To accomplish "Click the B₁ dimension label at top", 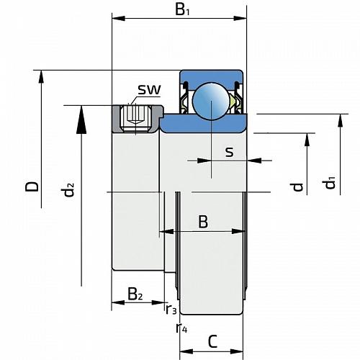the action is pyautogui.click(x=182, y=10).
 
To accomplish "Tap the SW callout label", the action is pyautogui.click(x=149, y=89).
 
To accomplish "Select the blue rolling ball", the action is pyautogui.click(x=211, y=101).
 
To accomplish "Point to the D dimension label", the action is pyautogui.click(x=32, y=186).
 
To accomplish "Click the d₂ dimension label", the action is pyautogui.click(x=68, y=189).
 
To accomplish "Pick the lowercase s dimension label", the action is pyautogui.click(x=229, y=152).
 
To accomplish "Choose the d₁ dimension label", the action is pyautogui.click(x=328, y=183).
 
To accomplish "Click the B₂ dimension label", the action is pyautogui.click(x=135, y=294).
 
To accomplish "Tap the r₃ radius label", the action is pyautogui.click(x=171, y=309).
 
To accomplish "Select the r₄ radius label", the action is pyautogui.click(x=181, y=328).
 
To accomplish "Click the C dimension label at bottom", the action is pyautogui.click(x=212, y=341).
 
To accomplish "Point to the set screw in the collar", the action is pyautogui.click(x=135, y=119).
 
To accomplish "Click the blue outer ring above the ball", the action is pyautogui.click(x=211, y=76).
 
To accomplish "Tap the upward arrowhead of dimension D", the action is pyautogui.click(x=41, y=77).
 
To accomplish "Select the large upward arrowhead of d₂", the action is pyautogui.click(x=81, y=120).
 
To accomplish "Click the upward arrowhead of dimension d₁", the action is pyautogui.click(x=340, y=120).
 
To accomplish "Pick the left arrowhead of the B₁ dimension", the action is pyautogui.click(x=119, y=18).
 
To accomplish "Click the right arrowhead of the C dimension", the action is pyautogui.click(x=236, y=351).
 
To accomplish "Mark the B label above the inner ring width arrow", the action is pyautogui.click(x=203, y=222).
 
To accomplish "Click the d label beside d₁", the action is pyautogui.click(x=297, y=186).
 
